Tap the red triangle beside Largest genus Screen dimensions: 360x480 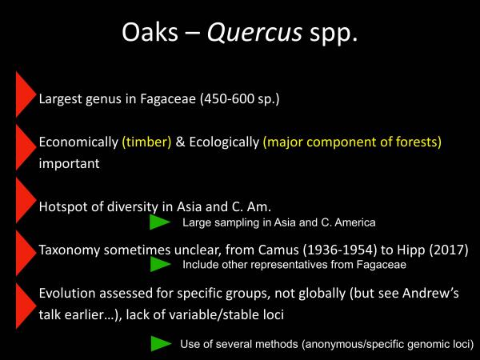click(24, 94)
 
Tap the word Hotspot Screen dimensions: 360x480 click(64, 206)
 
